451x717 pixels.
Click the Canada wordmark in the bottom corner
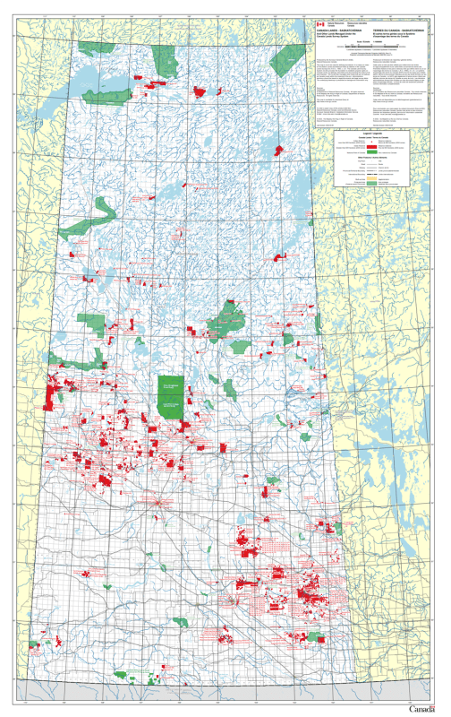[424, 709]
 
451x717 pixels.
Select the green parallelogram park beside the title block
[284, 61]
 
